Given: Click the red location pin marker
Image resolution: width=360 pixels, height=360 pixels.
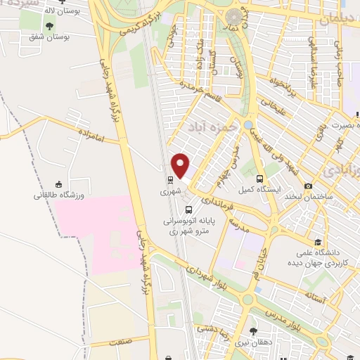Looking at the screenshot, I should tap(181, 166).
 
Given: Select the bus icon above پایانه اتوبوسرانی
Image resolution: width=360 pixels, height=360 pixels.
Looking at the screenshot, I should tap(188, 209).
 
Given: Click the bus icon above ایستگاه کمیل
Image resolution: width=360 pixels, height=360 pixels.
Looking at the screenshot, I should tap(260, 179).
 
